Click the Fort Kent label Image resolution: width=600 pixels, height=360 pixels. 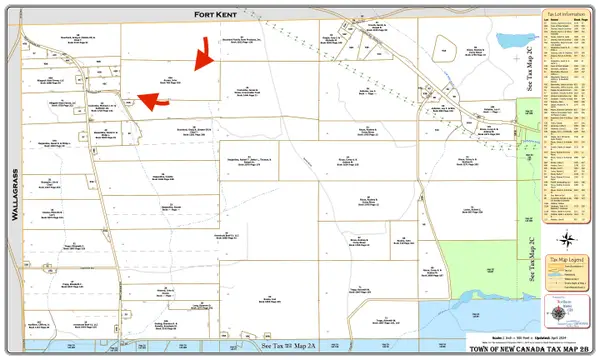coord(213,14)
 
